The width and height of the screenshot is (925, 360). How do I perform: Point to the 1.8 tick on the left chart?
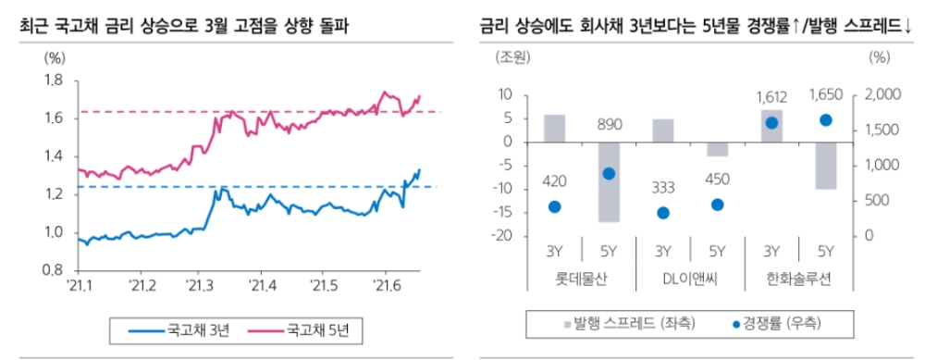point(52,81)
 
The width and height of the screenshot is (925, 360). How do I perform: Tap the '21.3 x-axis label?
point(197,284)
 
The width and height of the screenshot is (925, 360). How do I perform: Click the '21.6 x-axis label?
point(384,284)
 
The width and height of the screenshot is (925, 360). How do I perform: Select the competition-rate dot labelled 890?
point(609,173)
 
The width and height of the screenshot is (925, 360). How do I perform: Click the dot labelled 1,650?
point(826,119)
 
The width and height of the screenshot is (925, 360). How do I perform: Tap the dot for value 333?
point(663,213)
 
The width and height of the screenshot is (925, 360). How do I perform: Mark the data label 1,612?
point(771,97)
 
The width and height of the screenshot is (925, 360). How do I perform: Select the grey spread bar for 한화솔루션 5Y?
point(826,166)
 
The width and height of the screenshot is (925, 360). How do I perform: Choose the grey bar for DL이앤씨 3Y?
point(663,130)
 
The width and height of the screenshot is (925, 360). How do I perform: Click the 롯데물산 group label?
point(581,276)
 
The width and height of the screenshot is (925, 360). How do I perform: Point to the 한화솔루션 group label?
point(798,276)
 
